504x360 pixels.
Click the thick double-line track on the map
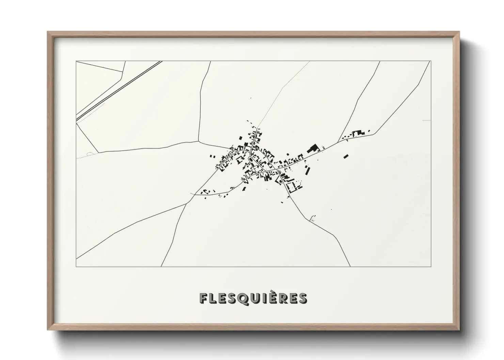point(119,90)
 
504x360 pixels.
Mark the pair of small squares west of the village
point(212,156)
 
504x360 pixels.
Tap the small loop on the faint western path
point(90,154)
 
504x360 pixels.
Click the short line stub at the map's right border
point(426,120)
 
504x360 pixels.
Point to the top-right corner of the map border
point(431,61)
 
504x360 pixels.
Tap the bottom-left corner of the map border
point(76,266)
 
